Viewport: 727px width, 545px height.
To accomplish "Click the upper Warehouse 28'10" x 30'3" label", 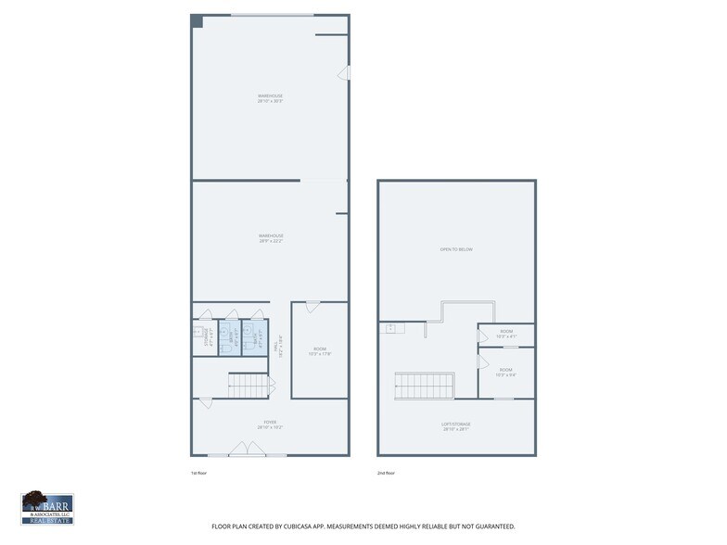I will (270, 97).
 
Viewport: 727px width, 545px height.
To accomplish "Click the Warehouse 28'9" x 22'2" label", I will (270, 238).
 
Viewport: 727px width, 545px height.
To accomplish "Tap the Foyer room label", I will (270, 425).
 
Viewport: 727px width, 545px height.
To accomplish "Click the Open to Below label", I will (456, 249).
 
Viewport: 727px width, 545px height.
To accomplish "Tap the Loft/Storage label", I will (455, 427).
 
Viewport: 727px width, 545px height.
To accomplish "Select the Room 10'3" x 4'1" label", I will (506, 334).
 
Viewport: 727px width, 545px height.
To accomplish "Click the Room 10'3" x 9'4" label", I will (506, 372).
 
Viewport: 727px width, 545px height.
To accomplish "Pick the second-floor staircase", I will (425, 386).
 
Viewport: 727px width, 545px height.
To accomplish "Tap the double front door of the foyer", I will (248, 450).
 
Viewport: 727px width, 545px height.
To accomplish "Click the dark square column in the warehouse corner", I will (197, 21).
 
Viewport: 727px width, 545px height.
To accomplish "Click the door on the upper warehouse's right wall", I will (344, 72).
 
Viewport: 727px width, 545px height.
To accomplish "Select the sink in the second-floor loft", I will (390, 328).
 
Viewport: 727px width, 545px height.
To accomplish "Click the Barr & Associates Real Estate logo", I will (47, 508).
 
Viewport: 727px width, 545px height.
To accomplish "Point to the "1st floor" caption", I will (198, 473).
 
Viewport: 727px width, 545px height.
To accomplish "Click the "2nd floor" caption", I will (385, 473).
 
